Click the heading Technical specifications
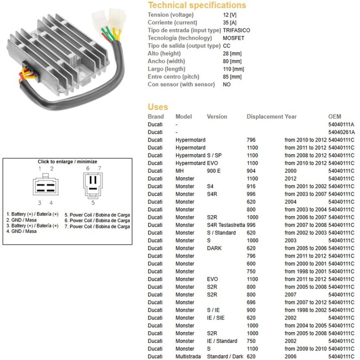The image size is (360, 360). tap(197, 5)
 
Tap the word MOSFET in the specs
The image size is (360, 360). tap(234, 38)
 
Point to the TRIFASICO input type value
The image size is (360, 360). tap(237, 30)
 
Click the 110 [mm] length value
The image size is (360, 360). tap(233, 69)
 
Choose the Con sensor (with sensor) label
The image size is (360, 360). tap(181, 85)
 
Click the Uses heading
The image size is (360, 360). tap(157, 107)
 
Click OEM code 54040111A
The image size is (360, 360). tap(341, 124)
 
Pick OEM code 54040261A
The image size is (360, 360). tap(341, 132)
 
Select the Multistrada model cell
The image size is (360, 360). tap(189, 356)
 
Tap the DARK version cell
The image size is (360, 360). tap(214, 248)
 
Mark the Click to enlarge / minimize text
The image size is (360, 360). tap(67, 162)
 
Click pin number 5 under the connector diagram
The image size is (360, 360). tap(93, 202)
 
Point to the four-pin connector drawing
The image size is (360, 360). tap(45, 186)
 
